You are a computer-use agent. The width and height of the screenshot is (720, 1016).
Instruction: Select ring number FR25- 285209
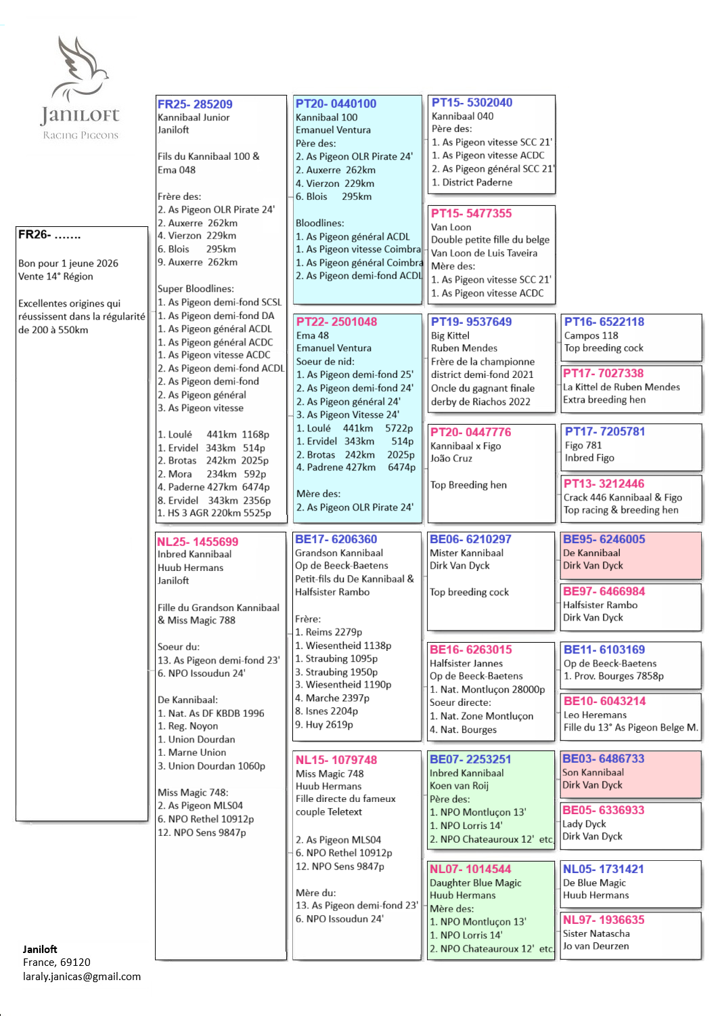[x=195, y=104]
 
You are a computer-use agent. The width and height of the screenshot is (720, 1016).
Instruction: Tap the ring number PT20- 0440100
[x=336, y=104]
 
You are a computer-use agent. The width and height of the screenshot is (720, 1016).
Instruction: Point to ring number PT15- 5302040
[x=472, y=102]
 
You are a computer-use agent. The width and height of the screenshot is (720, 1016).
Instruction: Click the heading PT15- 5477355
[x=471, y=213]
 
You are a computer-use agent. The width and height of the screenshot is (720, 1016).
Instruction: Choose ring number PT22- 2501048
[x=336, y=322]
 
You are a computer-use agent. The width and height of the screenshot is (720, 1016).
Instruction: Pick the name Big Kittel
[x=450, y=335]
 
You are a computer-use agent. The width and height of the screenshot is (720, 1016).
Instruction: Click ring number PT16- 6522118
[x=604, y=322]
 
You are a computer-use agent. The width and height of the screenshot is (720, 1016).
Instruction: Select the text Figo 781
[x=583, y=445]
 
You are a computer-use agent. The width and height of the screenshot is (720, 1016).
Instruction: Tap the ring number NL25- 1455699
[x=198, y=542]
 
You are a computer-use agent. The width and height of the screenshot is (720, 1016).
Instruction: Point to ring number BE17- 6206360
[x=336, y=539]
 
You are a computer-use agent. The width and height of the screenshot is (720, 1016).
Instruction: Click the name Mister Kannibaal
[x=466, y=553]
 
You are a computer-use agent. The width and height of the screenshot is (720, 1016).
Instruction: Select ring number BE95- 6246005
[x=604, y=539]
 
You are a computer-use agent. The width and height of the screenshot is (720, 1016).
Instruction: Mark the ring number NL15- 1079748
[x=336, y=760]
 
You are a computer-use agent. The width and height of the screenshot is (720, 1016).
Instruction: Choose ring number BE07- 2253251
[x=470, y=759]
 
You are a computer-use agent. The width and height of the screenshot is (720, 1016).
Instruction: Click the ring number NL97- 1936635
[x=604, y=920]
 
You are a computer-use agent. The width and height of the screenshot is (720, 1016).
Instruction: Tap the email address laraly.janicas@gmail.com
[x=82, y=976]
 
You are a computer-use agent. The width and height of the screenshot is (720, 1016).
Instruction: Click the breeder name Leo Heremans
[x=595, y=715]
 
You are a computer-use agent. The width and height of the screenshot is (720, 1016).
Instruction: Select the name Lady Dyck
[x=584, y=824]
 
